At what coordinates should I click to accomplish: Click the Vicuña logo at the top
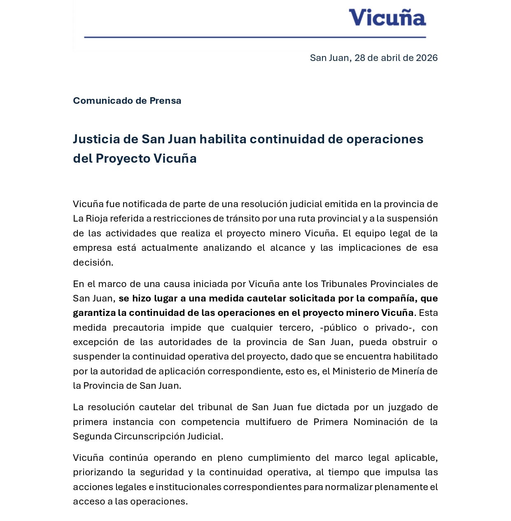tap(387, 18)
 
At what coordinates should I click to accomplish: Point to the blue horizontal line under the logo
tap(255, 37)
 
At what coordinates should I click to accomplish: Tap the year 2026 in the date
tap(427, 58)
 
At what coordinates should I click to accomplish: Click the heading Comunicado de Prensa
tap(127, 101)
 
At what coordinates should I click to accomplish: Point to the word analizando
tap(228, 248)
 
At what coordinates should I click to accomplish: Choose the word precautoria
tap(139, 328)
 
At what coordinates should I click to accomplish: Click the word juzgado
tap(406, 407)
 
